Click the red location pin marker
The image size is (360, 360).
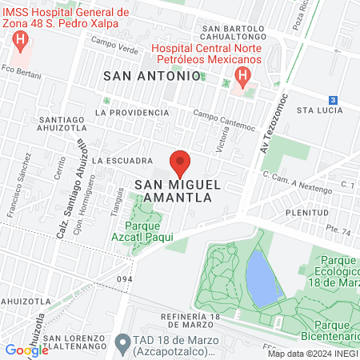(x=180, y=162)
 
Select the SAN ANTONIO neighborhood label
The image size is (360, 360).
(x=151, y=75)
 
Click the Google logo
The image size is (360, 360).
(x=26, y=350)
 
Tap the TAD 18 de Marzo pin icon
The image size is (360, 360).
(x=122, y=344)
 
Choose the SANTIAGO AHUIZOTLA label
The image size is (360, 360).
(x=62, y=126)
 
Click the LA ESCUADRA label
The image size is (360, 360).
(x=117, y=160)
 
